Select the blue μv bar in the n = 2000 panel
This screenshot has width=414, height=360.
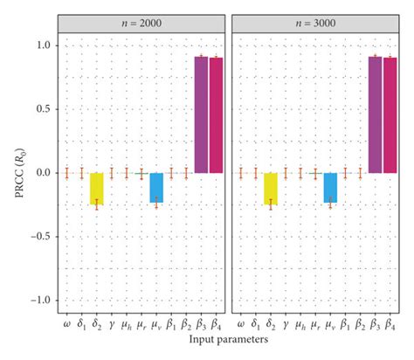156,187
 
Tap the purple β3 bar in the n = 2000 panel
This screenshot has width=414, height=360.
201,114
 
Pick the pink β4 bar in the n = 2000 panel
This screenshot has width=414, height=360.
216,114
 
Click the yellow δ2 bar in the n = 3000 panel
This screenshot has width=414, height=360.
271,188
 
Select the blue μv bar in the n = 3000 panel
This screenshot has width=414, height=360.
330,187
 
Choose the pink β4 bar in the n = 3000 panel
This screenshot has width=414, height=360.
390,114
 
